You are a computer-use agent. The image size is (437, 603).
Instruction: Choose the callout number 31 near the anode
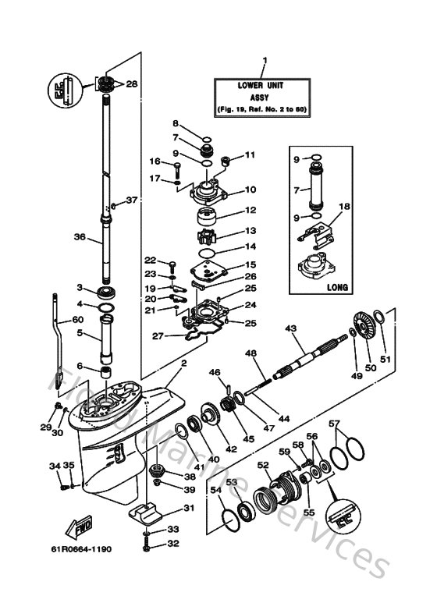click(187, 509)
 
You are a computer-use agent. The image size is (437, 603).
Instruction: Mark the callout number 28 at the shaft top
click(130, 84)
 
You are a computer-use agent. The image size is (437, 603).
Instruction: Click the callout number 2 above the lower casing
click(183, 364)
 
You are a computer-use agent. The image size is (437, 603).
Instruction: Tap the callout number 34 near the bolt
click(55, 466)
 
